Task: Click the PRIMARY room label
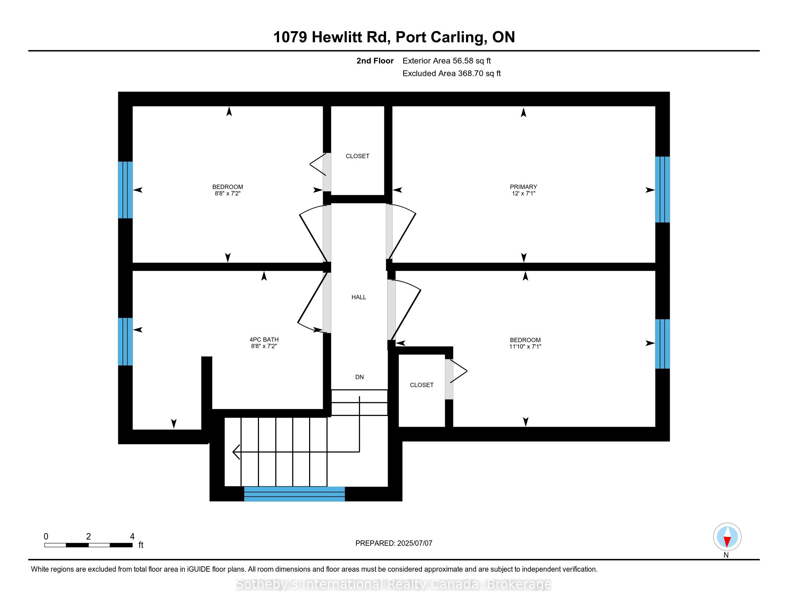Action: coord(523,187)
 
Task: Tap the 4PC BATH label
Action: coord(264,340)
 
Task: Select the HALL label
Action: coord(359,297)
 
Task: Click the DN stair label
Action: coord(359,377)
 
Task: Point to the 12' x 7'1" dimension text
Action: coord(523,193)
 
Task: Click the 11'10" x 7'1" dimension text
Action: coord(525,347)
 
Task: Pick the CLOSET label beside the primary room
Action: coord(357,156)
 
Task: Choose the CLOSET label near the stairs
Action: coord(422,385)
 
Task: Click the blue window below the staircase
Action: coord(294,494)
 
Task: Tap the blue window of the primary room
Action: coord(662,190)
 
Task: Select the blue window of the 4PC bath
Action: coord(125,342)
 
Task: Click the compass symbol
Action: coord(727,537)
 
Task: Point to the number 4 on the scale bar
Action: coord(132,537)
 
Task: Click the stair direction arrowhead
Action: coord(236,452)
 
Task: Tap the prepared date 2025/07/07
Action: coord(414,543)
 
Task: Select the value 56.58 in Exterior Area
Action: coord(463,61)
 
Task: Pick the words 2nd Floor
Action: coord(375,61)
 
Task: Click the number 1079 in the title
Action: coord(290,37)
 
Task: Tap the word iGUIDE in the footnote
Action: coord(198,569)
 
